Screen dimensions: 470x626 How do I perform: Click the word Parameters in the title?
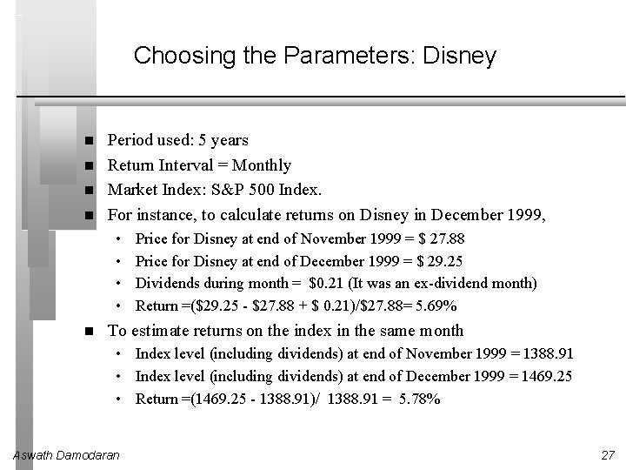[x=351, y=57]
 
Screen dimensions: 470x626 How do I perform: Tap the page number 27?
[x=608, y=455]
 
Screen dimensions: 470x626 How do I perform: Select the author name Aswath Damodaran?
[x=68, y=455]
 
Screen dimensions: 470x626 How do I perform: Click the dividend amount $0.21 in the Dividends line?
[x=329, y=284]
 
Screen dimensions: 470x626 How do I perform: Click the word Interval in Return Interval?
[x=181, y=165]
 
